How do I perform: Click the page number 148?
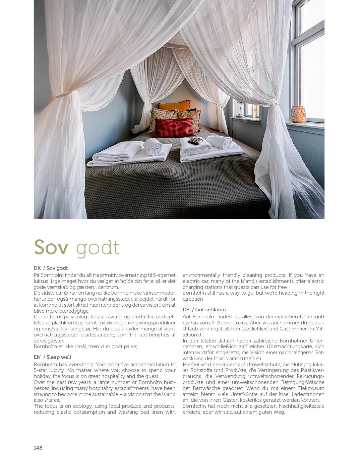[38, 448]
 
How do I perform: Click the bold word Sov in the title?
[51, 247]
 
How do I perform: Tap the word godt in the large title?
[97, 248]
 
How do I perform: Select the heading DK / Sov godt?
[51, 268]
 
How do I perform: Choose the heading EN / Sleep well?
[52, 357]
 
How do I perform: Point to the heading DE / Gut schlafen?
[204, 309]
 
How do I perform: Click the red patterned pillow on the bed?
[174, 127]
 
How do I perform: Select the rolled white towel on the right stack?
[219, 141]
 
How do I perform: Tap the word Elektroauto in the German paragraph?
[309, 388]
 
